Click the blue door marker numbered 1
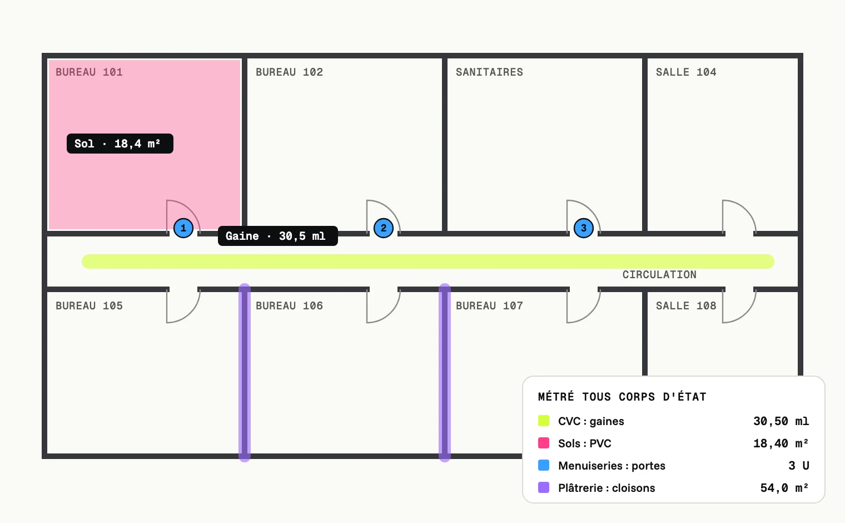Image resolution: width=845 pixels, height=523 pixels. tap(183, 228)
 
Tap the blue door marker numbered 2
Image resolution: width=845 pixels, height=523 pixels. tap(383, 228)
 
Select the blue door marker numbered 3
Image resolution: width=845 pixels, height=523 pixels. tap(584, 228)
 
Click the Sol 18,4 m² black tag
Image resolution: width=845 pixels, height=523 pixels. tap(120, 144)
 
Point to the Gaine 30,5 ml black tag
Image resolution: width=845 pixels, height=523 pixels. tap(278, 236)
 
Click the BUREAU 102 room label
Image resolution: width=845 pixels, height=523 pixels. tap(289, 72)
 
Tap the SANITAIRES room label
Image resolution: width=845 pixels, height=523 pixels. tap(489, 72)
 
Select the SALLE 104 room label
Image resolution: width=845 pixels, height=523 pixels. tap(686, 72)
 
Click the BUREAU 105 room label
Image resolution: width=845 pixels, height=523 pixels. tap(90, 305)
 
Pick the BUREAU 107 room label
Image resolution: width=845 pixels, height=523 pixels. tap(489, 305)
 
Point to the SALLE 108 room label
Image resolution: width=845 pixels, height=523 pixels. tap(686, 305)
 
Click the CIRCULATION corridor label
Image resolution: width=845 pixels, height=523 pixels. tap(659, 274)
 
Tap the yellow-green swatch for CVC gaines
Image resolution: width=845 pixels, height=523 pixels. tap(544, 421)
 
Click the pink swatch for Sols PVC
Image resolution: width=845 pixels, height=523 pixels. tap(544, 443)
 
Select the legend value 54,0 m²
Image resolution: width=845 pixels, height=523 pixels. tap(784, 488)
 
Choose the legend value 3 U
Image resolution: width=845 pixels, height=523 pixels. tap(799, 466)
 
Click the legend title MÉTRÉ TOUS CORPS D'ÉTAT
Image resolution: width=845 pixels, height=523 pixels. tap(622, 397)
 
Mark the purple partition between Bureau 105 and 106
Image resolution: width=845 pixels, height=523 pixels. tap(245, 373)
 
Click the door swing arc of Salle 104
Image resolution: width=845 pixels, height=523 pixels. tap(746, 210)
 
